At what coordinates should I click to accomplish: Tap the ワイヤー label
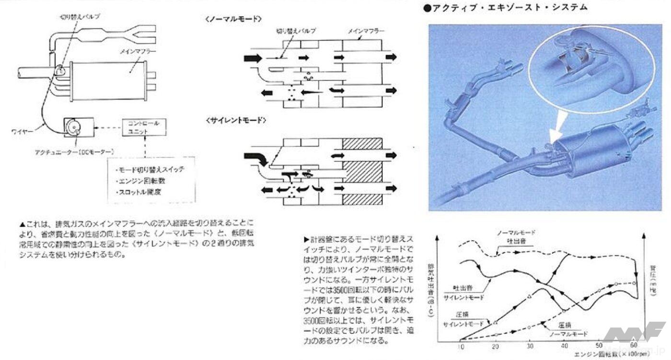[x=22, y=129]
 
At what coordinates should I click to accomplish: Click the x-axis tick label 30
[x=530, y=346]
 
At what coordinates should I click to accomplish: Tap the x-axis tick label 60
[x=635, y=346]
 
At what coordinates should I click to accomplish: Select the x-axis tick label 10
[x=461, y=346]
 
